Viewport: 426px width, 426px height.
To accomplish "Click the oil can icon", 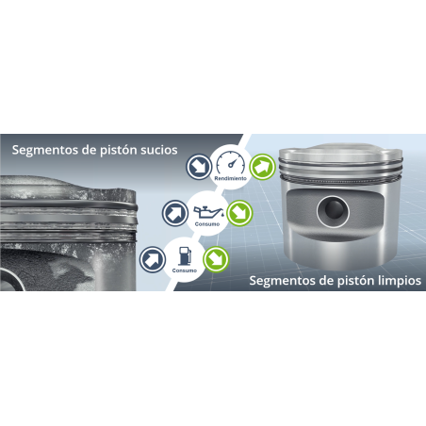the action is (x=208, y=213).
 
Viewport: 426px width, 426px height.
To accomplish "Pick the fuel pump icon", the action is (x=185, y=256).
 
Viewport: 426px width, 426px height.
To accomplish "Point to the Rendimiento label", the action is (x=231, y=178).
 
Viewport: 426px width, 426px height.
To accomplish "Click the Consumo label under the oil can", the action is (x=207, y=224).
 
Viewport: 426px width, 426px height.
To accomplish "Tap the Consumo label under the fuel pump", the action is (x=185, y=270).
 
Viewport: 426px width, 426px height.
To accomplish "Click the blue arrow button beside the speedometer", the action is (x=199, y=167).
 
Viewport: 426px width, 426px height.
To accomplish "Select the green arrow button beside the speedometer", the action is (x=262, y=167).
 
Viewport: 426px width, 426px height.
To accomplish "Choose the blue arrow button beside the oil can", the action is (x=175, y=213).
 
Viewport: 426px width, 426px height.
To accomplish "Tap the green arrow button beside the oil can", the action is (x=239, y=213).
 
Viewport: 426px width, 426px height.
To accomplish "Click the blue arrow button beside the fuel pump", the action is (x=153, y=259).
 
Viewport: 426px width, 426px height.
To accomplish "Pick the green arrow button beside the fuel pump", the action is (x=216, y=259).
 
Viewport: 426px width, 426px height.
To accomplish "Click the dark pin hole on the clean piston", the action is (x=333, y=210).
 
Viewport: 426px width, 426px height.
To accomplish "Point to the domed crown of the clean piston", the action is (x=340, y=151).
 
